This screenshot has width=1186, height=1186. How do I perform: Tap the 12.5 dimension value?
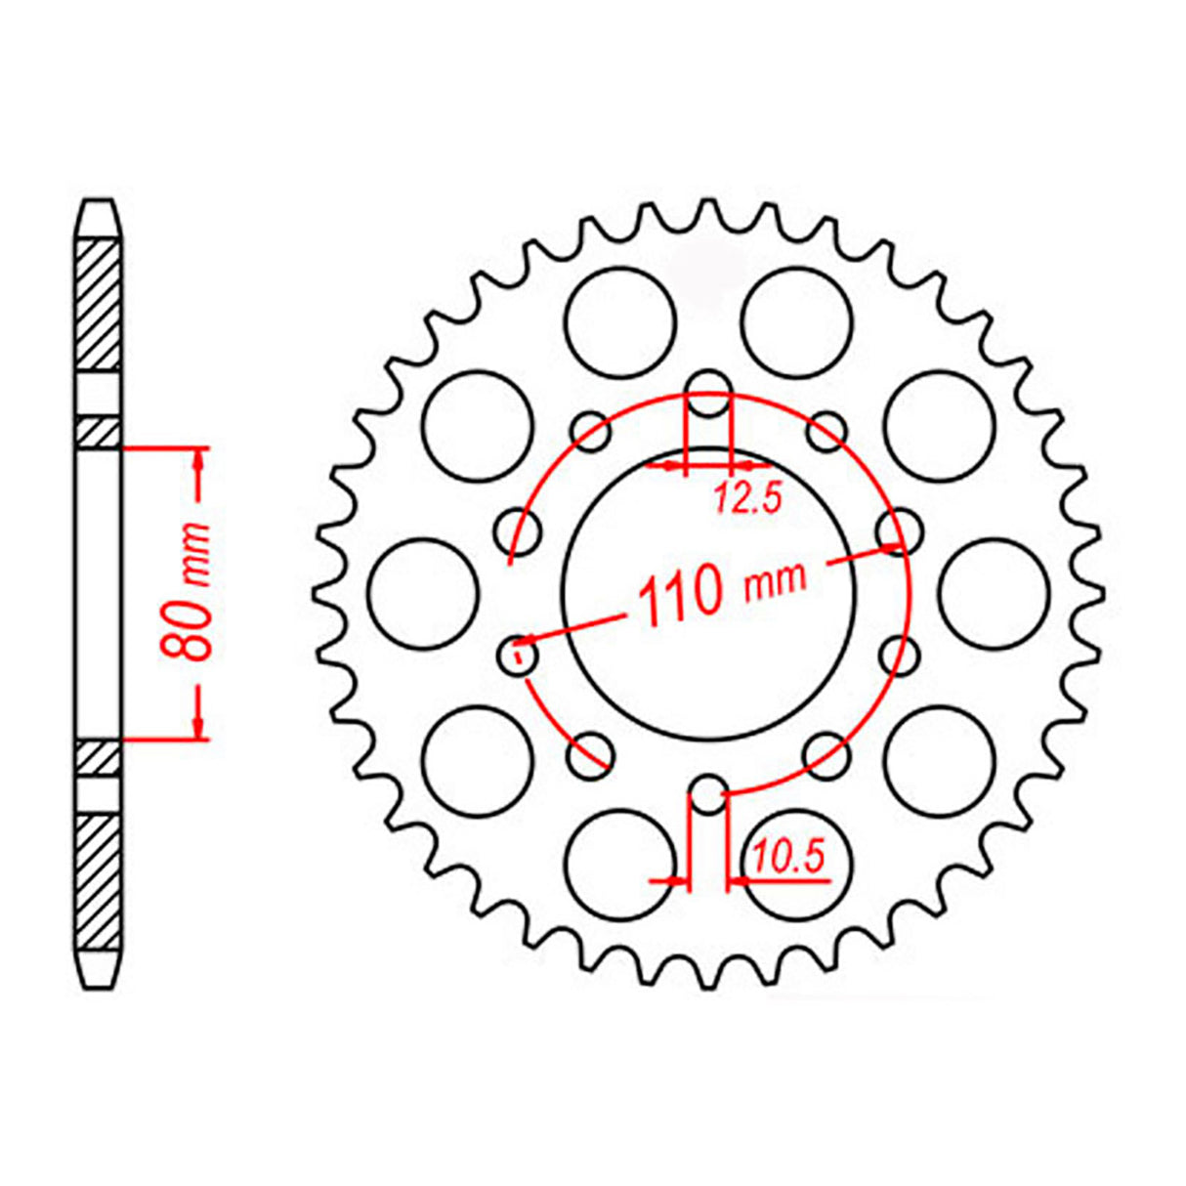pyautogui.click(x=748, y=500)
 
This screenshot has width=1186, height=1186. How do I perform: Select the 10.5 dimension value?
pyautogui.click(x=788, y=859)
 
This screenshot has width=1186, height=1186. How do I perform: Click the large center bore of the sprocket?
pyautogui.click(x=710, y=590)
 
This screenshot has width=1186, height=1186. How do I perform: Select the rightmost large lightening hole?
pyautogui.click(x=995, y=593)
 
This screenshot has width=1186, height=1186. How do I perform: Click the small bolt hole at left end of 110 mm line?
pyautogui.click(x=517, y=654)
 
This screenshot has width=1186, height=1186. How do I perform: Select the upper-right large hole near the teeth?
pyautogui.click(x=939, y=426)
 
